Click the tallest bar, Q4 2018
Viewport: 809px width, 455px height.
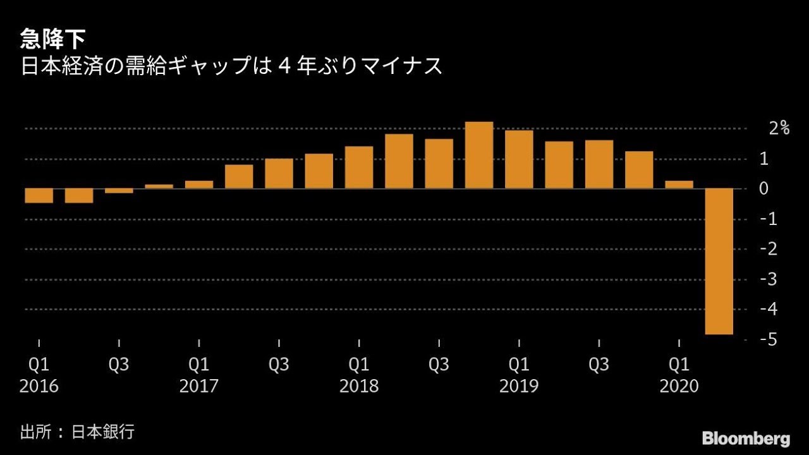click(x=478, y=155)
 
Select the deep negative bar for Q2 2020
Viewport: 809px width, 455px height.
click(x=719, y=261)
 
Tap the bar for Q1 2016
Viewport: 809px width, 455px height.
click(x=39, y=196)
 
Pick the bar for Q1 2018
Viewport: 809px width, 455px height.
click(x=359, y=167)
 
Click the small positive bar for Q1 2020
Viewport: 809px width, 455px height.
click(x=679, y=185)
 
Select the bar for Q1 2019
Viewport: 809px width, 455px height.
click(x=519, y=159)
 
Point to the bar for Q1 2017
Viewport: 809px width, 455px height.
click(x=199, y=185)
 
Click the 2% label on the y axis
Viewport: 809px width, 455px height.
click(x=779, y=128)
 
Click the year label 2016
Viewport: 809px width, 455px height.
click(x=39, y=386)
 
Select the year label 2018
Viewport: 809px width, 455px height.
click(x=359, y=386)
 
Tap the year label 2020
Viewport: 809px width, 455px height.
click(x=679, y=386)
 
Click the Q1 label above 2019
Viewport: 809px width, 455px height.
click(x=519, y=365)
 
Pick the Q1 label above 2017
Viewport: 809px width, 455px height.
click(x=199, y=365)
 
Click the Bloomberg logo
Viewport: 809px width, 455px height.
click(x=746, y=438)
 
